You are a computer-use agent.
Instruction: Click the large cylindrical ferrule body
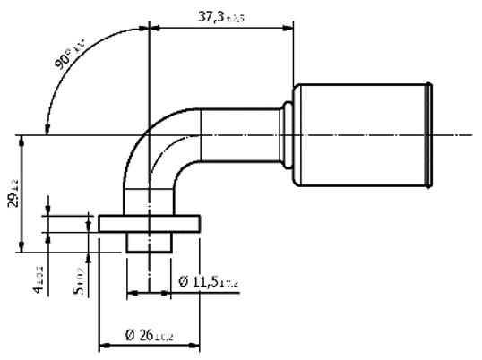pos(358,135)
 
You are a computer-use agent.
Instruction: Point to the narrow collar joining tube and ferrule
pos(288,135)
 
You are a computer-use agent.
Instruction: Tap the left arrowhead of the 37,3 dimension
pos(153,27)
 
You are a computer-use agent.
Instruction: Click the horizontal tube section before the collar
pos(237,135)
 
